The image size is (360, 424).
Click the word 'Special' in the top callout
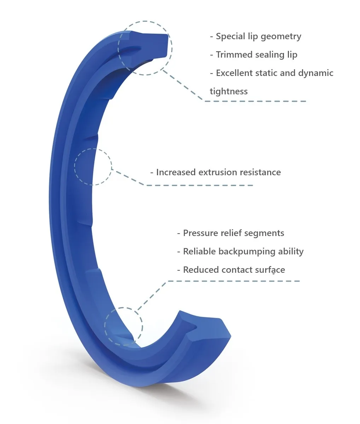point(231,36)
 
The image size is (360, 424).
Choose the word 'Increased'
point(176,172)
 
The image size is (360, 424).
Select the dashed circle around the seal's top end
point(145,21)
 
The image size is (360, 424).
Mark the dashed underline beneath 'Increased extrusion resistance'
point(199,185)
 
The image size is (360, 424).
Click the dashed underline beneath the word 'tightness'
point(255,101)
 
